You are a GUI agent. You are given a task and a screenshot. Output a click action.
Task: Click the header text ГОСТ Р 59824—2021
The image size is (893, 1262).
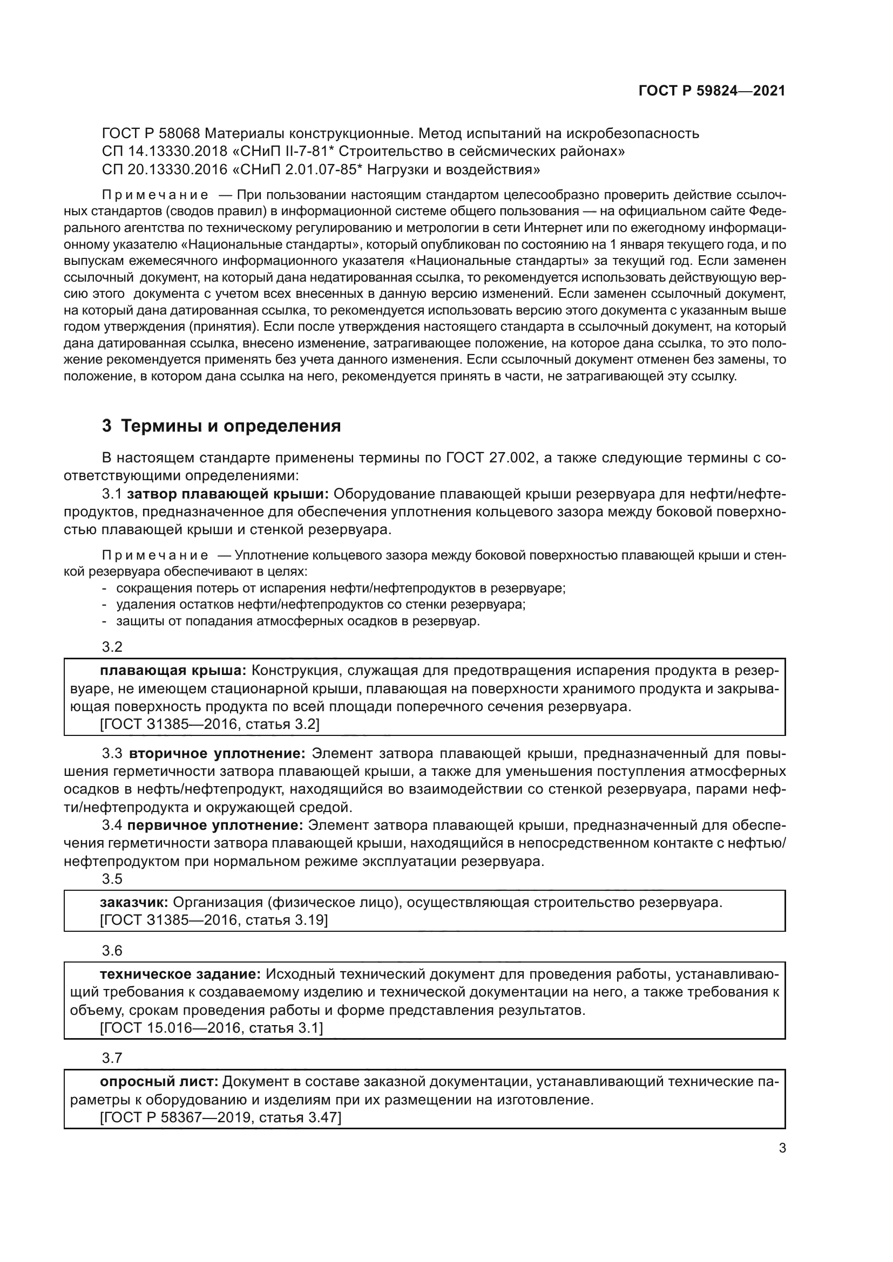[712, 91]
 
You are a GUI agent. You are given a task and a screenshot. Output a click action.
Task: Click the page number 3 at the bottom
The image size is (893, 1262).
[782, 1148]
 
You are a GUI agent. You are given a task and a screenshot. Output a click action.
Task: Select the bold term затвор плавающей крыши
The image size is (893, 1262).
[228, 494]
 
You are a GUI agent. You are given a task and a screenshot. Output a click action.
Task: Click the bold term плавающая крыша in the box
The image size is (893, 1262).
[173, 671]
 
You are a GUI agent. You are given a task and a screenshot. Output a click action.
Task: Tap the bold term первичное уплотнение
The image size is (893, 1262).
[215, 825]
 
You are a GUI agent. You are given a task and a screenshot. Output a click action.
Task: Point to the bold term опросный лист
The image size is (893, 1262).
[159, 1082]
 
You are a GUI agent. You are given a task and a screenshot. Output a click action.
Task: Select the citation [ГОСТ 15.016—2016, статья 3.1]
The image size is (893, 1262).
[211, 1028]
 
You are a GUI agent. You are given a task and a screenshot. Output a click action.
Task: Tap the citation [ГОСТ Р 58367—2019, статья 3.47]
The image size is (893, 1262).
[220, 1117]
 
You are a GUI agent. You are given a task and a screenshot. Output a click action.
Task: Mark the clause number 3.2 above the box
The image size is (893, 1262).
[112, 647]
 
